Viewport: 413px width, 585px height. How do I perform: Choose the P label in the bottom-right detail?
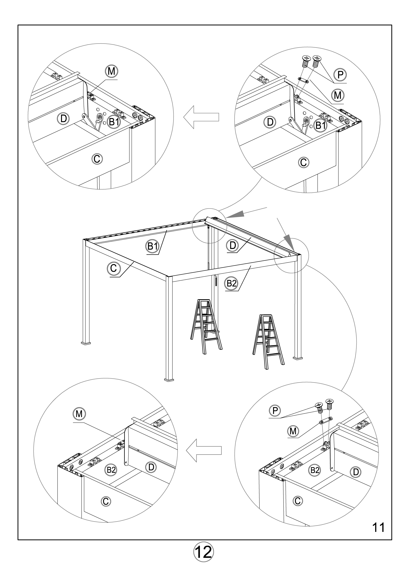click(x=275, y=410)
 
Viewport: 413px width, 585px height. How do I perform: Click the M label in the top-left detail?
click(x=111, y=71)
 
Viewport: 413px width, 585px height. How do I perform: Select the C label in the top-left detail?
click(x=97, y=159)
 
